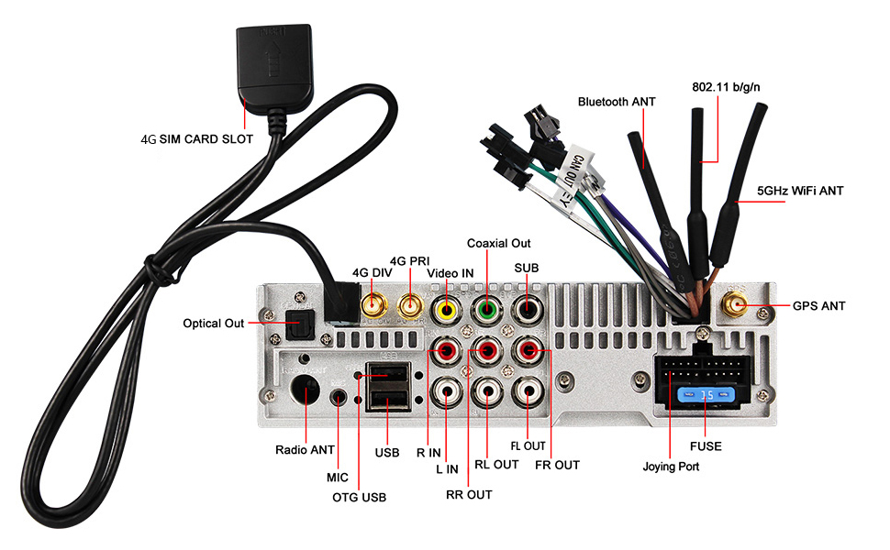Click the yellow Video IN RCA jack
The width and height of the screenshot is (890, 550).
(447, 310)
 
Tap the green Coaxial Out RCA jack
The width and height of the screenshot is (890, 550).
(486, 310)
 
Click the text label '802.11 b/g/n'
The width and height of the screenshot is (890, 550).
(725, 88)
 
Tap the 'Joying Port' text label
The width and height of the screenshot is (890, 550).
(671, 467)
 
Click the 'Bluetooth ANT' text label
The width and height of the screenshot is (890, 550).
(617, 102)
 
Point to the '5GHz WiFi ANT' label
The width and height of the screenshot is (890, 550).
(800, 192)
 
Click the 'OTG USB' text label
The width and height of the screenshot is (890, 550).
(359, 498)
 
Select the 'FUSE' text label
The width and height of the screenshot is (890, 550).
(706, 446)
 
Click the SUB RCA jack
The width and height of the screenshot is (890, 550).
(528, 310)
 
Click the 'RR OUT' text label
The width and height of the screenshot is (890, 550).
(469, 494)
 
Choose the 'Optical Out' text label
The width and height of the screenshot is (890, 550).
(214, 323)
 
